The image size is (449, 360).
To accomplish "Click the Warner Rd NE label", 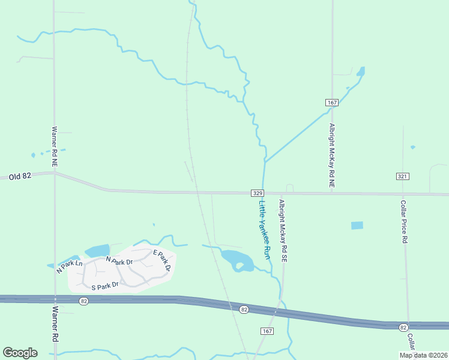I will click(54, 145).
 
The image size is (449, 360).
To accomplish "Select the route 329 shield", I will click(257, 193).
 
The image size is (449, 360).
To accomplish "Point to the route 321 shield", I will click(403, 176).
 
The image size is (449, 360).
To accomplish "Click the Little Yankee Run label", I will click(265, 230).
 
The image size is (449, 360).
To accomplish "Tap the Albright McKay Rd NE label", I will click(331, 156).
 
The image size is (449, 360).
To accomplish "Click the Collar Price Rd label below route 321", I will click(404, 221).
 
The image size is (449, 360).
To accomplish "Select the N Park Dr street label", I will click(119, 261).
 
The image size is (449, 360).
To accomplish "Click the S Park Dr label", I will click(105, 287).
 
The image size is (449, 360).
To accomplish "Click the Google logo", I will click(20, 353).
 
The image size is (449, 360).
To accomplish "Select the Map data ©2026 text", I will click(423, 355).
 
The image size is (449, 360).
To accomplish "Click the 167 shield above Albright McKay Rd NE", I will click(332, 103).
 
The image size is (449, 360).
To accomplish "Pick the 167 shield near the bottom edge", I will click(267, 331).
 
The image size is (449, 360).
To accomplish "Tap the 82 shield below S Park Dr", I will click(83, 301).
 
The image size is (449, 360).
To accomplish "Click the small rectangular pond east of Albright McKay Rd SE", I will click(357, 226).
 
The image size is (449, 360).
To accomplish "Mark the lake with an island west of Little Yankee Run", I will click(236, 260).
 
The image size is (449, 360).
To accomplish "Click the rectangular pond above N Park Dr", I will click(97, 250).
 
